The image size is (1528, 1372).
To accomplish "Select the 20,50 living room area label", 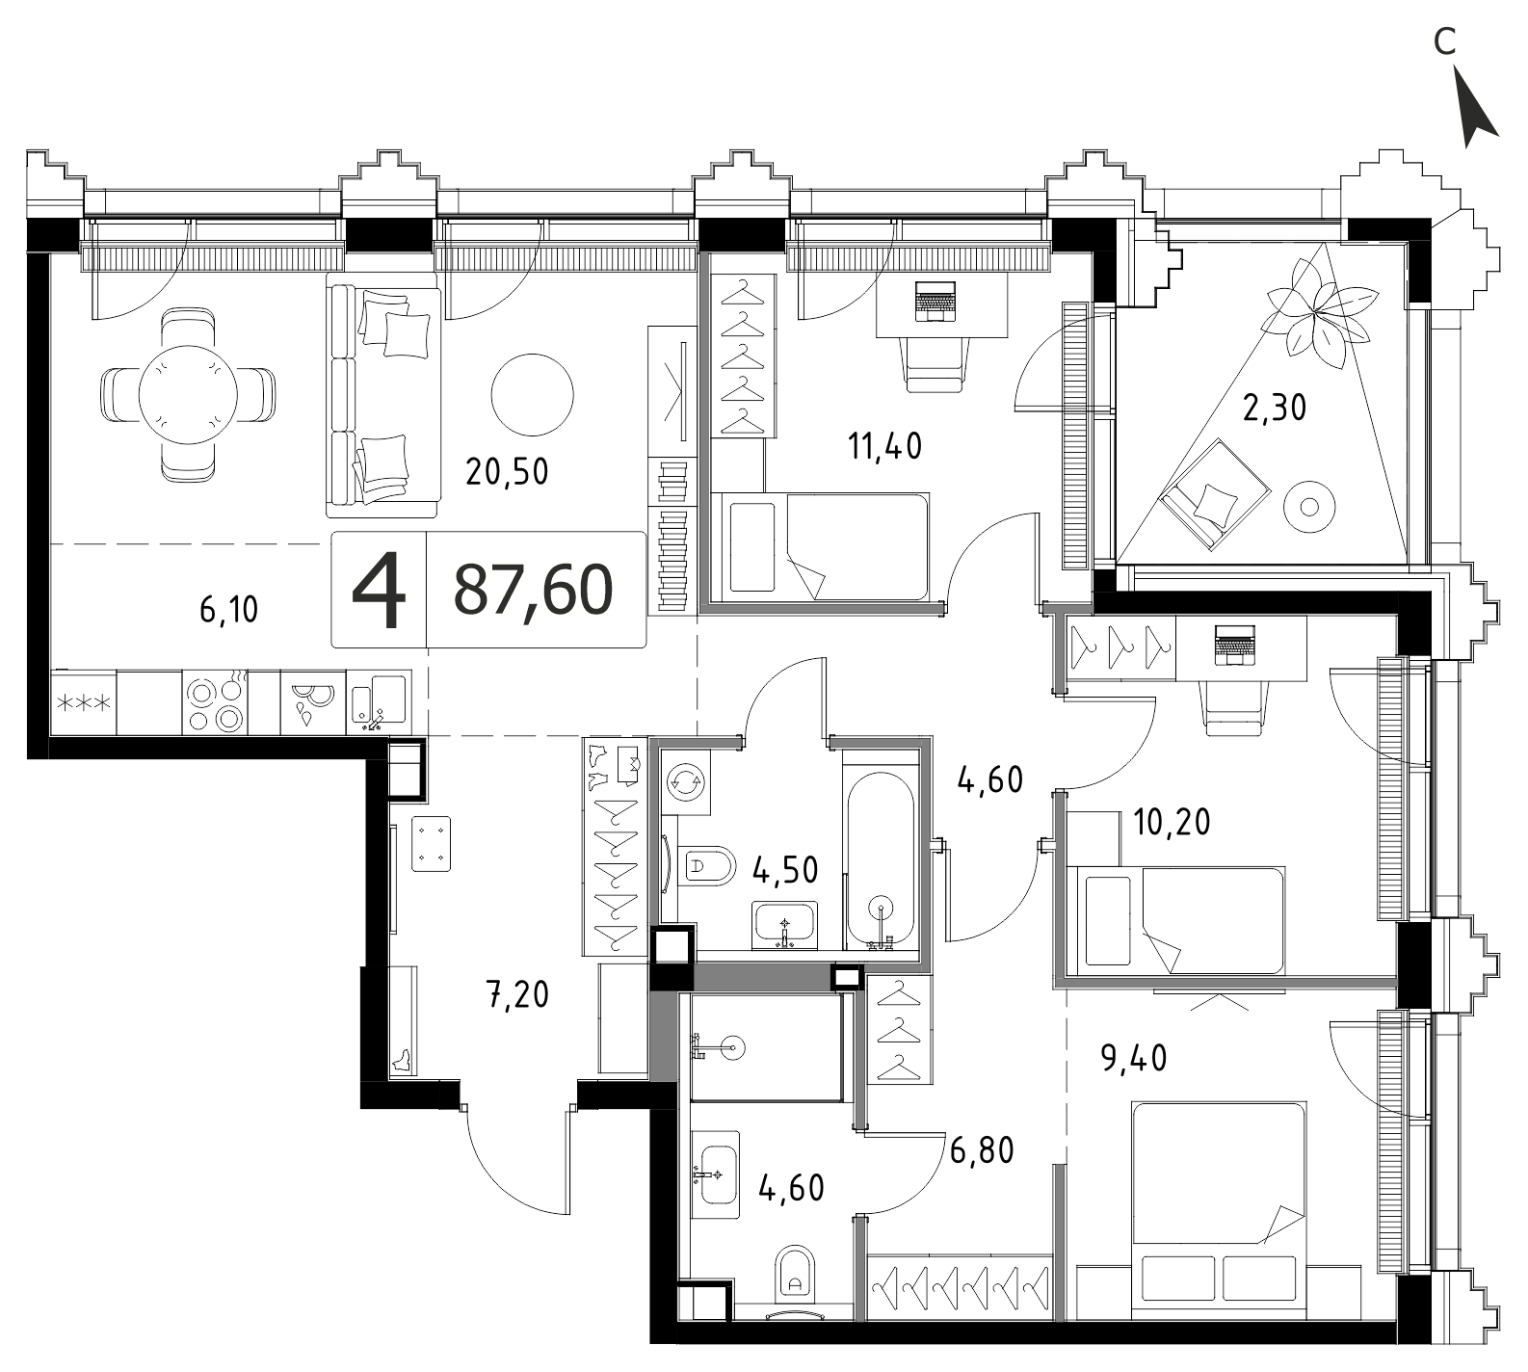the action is (x=507, y=471).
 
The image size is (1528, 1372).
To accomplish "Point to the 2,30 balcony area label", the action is (x=1275, y=409).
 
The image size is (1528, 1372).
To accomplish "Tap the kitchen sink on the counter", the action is (x=379, y=700).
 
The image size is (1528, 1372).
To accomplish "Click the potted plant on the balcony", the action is (x=1318, y=309).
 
